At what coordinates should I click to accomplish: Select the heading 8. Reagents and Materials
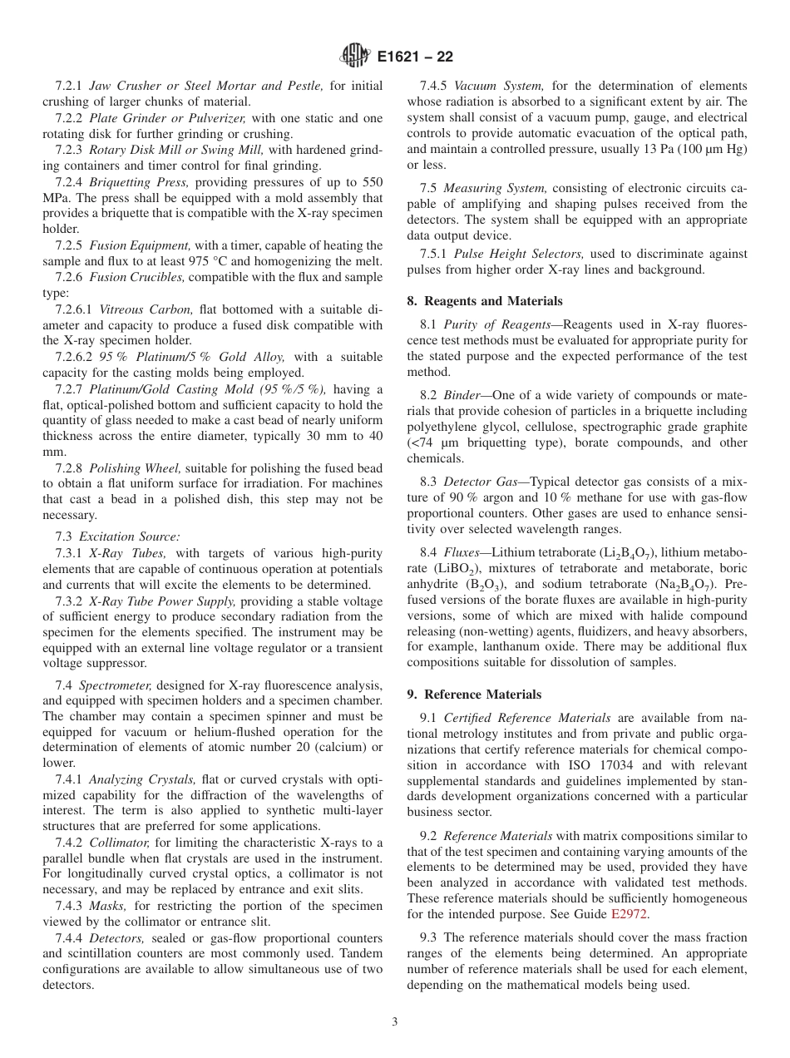[x=484, y=301]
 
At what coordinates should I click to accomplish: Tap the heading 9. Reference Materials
[x=474, y=695]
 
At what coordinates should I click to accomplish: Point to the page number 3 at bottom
[x=395, y=1022]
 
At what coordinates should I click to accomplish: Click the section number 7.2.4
[x=70, y=182]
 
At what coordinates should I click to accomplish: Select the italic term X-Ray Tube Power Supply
[x=150, y=601]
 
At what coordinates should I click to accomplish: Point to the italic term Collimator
[x=119, y=843]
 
